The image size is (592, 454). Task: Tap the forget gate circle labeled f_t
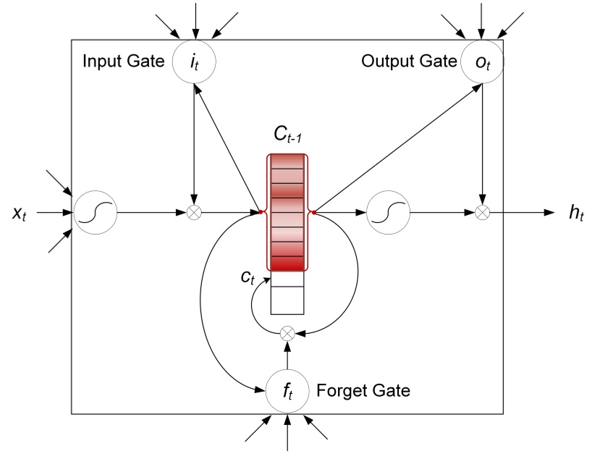[287, 391]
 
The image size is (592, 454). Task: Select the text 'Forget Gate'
[364, 392]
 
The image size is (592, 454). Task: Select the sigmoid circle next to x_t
[94, 213]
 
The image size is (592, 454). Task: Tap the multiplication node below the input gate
[194, 213]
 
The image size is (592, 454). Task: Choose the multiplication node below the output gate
[481, 213]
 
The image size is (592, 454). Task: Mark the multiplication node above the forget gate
[287, 332]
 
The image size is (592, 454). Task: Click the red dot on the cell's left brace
[261, 213]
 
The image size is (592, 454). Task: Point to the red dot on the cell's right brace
[314, 213]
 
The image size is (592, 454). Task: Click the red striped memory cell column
[287, 213]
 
